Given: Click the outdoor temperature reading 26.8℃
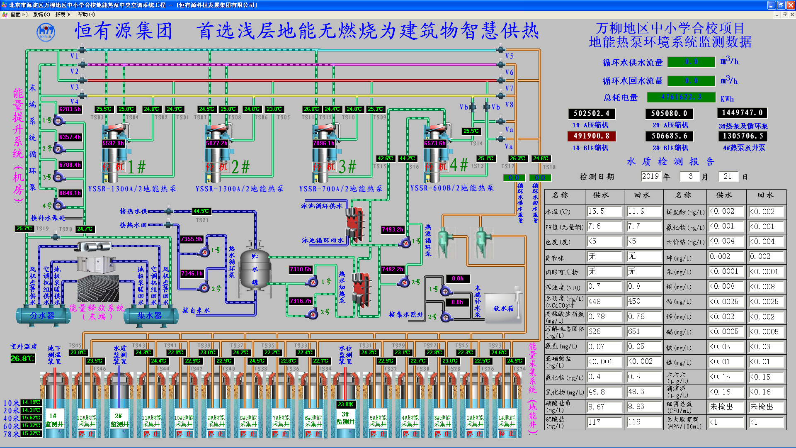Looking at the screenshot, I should (22, 358).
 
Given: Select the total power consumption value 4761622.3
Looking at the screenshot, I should (681, 97).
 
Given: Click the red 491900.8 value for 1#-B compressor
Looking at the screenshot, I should (591, 136).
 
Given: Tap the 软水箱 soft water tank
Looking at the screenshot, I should (503, 308).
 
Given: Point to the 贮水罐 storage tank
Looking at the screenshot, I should (255, 269).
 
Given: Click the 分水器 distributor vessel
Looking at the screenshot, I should (42, 316).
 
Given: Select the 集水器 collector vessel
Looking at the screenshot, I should (150, 316).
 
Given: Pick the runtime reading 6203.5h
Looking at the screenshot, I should (70, 109).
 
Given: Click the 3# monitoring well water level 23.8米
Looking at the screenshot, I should (345, 404).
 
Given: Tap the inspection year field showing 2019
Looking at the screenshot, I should (650, 176).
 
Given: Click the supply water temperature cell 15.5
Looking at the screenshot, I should (604, 211).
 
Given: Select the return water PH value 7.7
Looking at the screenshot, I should (643, 226).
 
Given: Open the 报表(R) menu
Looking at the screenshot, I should (63, 15).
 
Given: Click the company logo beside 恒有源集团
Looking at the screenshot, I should (46, 32).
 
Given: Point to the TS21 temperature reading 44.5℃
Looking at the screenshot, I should (201, 211).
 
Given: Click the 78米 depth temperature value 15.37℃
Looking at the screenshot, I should (31, 433).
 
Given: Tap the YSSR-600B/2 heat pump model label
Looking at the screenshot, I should (452, 188).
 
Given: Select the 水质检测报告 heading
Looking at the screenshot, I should (670, 161).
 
